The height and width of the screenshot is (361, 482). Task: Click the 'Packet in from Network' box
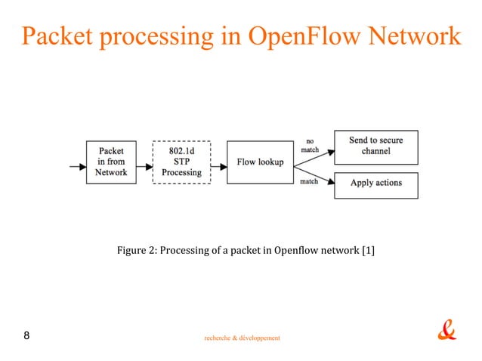(111, 162)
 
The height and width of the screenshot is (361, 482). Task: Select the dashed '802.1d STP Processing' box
(181, 162)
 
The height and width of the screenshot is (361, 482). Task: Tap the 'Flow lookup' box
(260, 162)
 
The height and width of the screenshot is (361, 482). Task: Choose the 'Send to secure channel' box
(375, 146)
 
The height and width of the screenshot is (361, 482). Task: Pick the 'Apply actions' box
(375, 183)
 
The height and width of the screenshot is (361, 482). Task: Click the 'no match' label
(310, 145)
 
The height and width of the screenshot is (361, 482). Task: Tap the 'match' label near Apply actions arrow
(310, 181)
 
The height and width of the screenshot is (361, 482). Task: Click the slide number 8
(27, 335)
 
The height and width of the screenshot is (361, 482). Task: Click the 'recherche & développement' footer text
(242, 338)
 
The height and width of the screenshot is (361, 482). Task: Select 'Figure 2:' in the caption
(136, 250)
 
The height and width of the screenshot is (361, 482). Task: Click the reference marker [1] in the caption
(368, 250)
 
